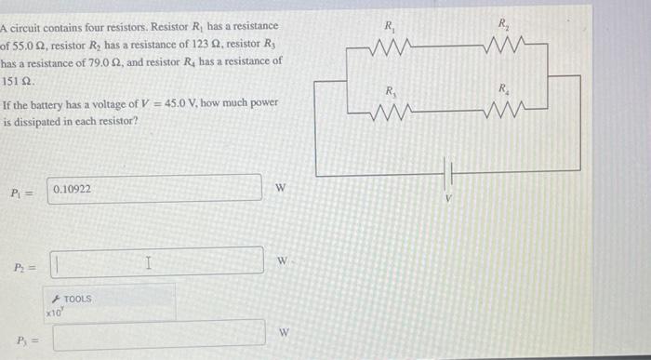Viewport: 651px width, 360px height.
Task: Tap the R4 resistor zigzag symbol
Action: tap(504, 113)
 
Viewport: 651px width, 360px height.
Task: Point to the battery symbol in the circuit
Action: tap(450, 174)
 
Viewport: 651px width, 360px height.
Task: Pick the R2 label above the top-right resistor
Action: tap(503, 23)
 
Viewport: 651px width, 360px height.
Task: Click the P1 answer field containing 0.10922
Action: tap(156, 189)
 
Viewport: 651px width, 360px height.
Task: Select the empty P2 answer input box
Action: tap(156, 260)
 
